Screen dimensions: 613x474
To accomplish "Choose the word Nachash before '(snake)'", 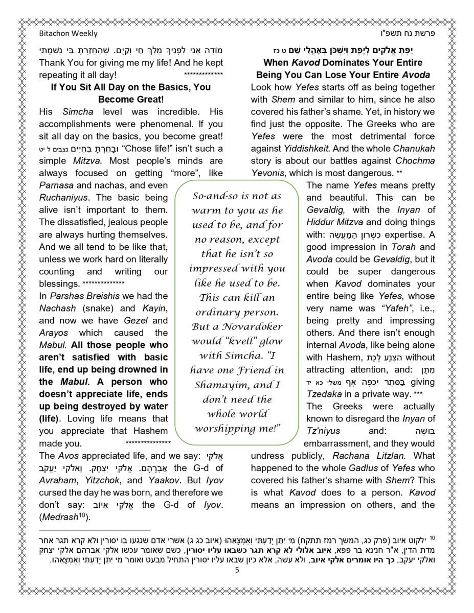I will (57, 308).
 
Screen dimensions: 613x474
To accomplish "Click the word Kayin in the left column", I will (153, 308).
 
